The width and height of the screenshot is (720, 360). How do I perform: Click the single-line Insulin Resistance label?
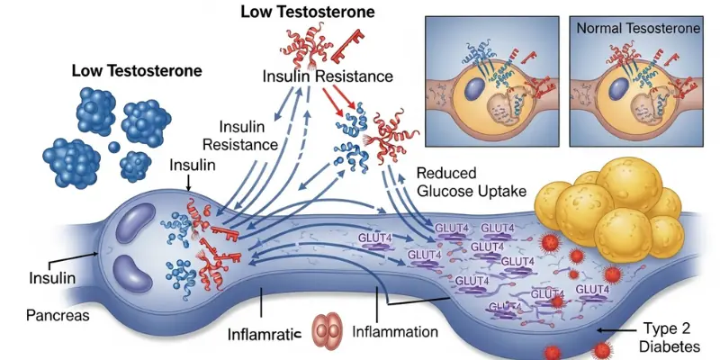point(327,76)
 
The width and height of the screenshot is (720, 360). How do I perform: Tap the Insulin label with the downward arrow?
point(191,166)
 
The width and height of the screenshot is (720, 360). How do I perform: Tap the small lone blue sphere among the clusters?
point(113,147)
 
